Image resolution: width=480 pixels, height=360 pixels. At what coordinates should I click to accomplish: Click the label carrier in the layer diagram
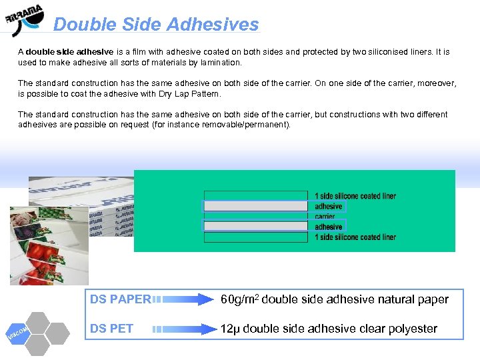click(x=325, y=217)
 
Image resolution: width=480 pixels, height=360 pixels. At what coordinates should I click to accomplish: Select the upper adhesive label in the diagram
click(x=329, y=207)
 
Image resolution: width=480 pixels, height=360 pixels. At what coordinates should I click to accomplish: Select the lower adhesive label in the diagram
click(x=329, y=227)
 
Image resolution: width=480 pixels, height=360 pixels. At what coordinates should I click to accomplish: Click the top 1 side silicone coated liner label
click(x=355, y=196)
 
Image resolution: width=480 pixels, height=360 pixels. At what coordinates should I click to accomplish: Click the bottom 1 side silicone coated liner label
click(x=355, y=237)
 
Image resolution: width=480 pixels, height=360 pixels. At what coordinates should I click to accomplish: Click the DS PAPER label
click(x=120, y=300)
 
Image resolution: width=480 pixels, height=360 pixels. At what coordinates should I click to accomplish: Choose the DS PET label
click(x=111, y=329)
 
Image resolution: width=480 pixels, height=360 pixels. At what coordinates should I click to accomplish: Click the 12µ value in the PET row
click(x=231, y=329)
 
